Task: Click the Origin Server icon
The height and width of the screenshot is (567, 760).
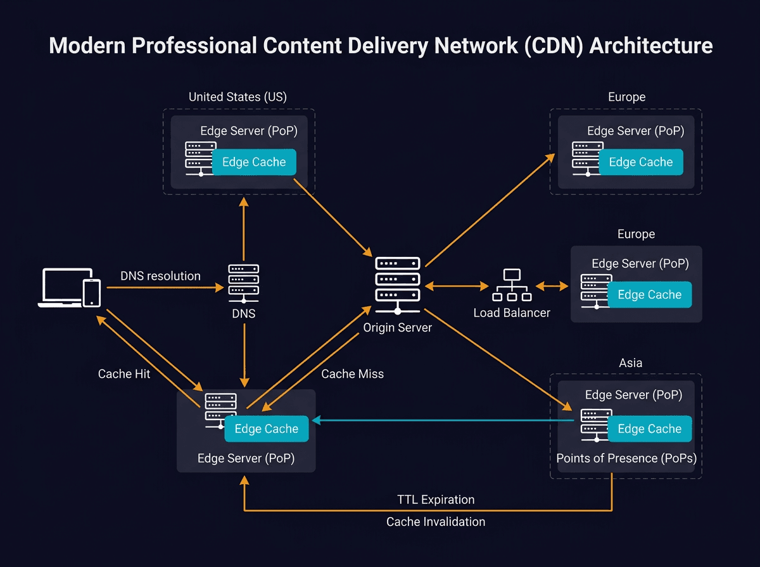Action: (398, 285)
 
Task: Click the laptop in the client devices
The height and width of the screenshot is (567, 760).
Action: (61, 288)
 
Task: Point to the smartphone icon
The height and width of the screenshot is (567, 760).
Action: (92, 292)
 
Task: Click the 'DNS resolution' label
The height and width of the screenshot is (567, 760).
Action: (160, 276)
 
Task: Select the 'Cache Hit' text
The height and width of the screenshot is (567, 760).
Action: (124, 374)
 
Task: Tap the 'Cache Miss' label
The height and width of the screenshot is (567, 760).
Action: (352, 374)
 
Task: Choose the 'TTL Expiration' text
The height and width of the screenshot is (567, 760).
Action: (436, 499)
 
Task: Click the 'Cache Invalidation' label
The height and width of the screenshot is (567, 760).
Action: (436, 522)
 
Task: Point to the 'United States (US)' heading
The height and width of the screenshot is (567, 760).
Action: (237, 97)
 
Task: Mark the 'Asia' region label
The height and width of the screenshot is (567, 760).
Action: (630, 363)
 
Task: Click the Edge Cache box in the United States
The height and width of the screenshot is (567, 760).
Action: (254, 162)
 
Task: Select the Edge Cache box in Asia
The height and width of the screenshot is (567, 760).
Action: (649, 429)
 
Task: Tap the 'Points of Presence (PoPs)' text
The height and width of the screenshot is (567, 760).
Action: (626, 458)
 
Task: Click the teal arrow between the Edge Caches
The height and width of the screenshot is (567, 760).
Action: (443, 420)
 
